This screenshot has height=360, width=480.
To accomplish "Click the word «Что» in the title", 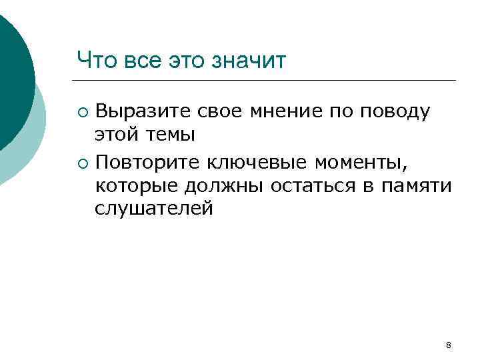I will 95,61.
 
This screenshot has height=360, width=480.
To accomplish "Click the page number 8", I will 448,345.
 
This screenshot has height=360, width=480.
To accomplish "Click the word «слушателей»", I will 153,209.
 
